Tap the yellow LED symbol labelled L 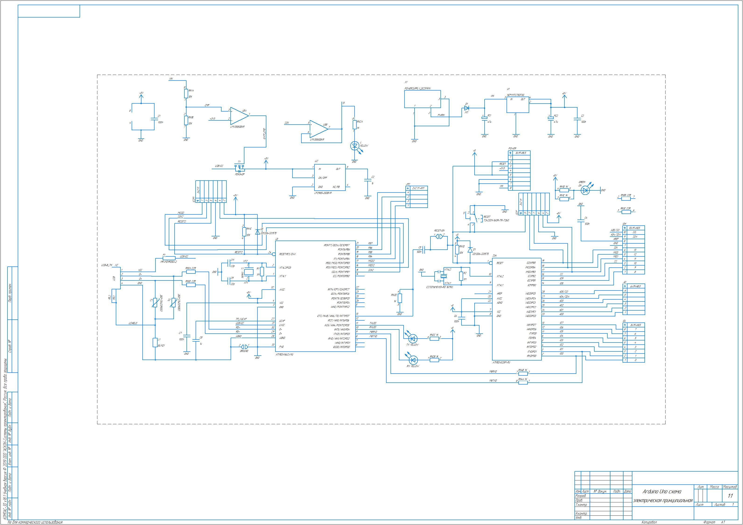pyautogui.click(x=355, y=146)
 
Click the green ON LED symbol pyautogui.click(x=585, y=191)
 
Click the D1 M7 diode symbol pyautogui.click(x=467, y=108)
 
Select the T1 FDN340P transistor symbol pyautogui.click(x=239, y=169)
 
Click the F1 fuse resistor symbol pyautogui.click(x=169, y=258)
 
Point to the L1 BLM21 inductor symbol pyautogui.click(x=155, y=343)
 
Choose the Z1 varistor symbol pyautogui.click(x=155, y=303)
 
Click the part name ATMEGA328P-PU pyautogui.click(x=501, y=363)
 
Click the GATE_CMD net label pyautogui.click(x=265, y=133)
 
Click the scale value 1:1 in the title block pyautogui.click(x=730, y=496)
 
